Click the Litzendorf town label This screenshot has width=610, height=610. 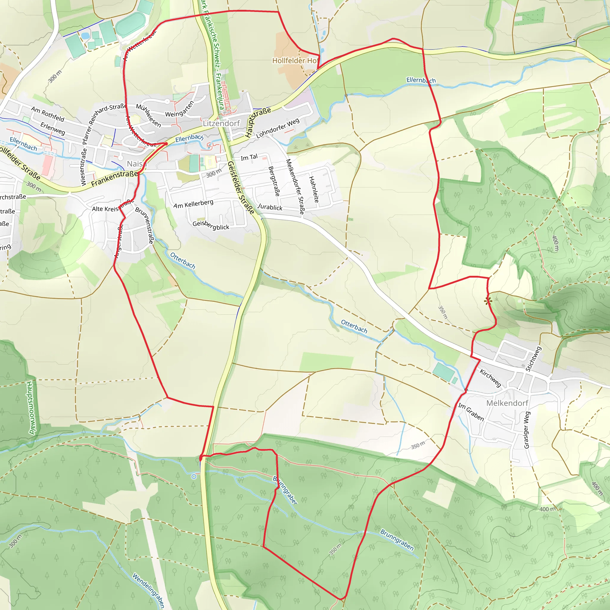(221, 123)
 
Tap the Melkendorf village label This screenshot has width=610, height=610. (507, 403)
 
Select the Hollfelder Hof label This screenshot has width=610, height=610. (295, 61)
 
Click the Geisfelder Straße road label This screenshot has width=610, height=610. (241, 188)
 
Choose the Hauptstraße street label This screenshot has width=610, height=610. (258, 122)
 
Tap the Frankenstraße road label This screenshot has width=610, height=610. (114, 179)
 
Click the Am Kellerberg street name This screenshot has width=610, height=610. (193, 204)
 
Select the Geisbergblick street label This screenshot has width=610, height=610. (211, 225)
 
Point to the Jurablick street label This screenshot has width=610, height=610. (270, 207)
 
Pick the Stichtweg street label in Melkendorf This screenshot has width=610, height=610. (533, 359)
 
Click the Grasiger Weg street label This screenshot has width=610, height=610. (527, 430)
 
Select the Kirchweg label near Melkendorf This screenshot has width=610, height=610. (490, 378)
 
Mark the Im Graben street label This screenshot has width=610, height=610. (471, 412)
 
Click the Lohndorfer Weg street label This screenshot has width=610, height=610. (278, 128)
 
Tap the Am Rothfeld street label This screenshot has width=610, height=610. (48, 114)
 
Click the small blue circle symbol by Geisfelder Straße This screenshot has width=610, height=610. (194, 477)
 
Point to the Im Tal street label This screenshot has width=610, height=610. (249, 157)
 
